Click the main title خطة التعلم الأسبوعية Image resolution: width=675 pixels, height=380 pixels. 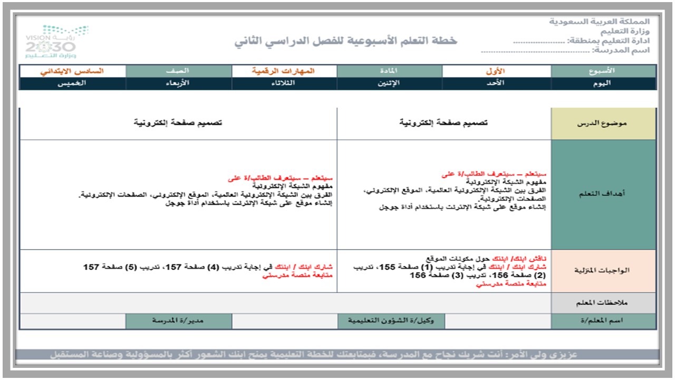(x=346, y=41)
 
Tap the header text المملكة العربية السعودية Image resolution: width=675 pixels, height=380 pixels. (x=600, y=22)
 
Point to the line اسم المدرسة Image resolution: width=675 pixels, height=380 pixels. (x=566, y=51)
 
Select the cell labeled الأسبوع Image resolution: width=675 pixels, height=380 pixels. (x=603, y=71)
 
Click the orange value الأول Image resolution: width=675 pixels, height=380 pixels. (x=496, y=71)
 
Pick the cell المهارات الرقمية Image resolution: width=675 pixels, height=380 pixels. (x=283, y=71)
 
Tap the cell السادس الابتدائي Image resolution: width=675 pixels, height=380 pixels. (x=72, y=71)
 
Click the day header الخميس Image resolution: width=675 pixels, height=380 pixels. (x=72, y=83)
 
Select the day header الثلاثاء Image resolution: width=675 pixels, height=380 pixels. (x=283, y=83)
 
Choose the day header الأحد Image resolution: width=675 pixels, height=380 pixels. (x=496, y=83)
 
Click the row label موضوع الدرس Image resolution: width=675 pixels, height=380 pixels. (x=603, y=123)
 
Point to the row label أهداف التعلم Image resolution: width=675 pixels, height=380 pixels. (x=603, y=194)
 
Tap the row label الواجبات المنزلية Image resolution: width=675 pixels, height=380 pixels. (x=603, y=270)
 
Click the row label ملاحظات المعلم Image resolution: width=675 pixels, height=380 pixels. (x=603, y=303)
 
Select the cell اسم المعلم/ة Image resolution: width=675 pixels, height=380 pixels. (x=603, y=321)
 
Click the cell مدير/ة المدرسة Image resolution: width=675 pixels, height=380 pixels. (x=178, y=321)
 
